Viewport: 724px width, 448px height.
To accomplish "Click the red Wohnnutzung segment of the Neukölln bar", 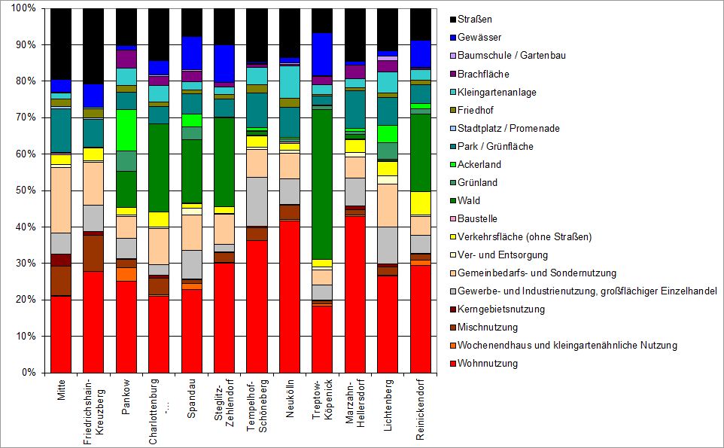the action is point(290,297).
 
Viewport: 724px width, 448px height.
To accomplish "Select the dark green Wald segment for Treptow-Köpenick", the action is point(322,184).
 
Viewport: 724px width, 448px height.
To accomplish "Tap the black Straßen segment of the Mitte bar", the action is point(61,44).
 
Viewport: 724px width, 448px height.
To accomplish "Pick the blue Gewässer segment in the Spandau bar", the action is point(192,53).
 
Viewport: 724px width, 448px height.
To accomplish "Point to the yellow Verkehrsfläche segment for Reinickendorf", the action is point(421,203).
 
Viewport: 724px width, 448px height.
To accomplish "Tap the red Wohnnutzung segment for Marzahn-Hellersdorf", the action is point(355,294).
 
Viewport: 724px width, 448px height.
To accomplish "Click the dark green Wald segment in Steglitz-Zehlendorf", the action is point(224,162).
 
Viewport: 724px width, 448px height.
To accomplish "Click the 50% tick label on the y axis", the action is point(25,190).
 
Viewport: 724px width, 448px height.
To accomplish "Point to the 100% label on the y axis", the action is point(23,8).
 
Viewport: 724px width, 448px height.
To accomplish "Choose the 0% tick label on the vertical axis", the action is point(27,372).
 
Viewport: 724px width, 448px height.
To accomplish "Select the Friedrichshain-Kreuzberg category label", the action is point(94,412).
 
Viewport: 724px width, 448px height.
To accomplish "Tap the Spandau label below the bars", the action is point(192,398).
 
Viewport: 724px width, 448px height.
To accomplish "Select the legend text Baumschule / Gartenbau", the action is point(512,56).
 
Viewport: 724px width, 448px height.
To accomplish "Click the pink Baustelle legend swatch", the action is point(453,219).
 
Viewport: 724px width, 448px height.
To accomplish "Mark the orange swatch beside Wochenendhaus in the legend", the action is point(453,346).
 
